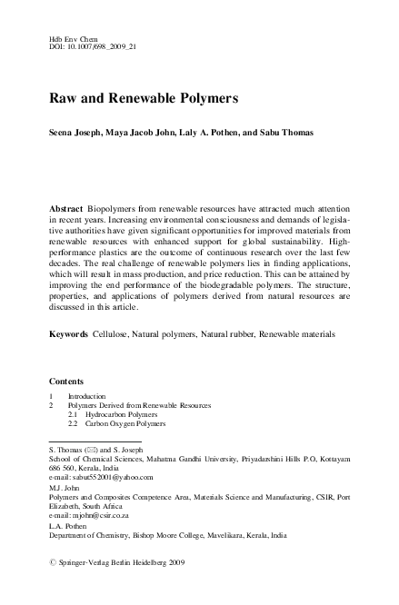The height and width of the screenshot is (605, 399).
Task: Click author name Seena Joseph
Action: tap(79, 133)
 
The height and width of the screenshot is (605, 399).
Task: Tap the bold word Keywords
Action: tap(68, 334)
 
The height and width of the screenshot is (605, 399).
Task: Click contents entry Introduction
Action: tap(87, 397)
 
